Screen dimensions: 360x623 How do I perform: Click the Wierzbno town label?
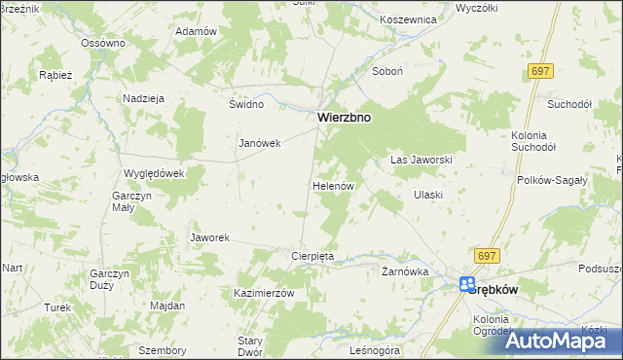pos(343,118)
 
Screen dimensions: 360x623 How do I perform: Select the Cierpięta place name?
pos(313,256)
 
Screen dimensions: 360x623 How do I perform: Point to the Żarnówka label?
pos(405,271)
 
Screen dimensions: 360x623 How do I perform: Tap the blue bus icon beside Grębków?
pos(467,284)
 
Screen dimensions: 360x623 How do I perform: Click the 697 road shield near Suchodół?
pos(542,72)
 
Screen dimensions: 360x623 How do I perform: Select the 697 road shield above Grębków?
pos(488,254)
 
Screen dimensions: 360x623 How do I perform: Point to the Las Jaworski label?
pos(421,159)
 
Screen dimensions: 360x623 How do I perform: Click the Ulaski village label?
pos(428,195)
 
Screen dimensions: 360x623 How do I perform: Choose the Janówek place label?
pos(260,143)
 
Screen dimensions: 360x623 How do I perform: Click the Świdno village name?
pos(246,104)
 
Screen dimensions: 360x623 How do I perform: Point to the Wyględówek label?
pos(154,172)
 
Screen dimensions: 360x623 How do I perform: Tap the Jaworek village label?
pos(209,237)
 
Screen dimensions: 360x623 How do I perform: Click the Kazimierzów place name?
pos(264,293)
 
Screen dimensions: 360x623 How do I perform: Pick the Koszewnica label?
pos(408,18)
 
